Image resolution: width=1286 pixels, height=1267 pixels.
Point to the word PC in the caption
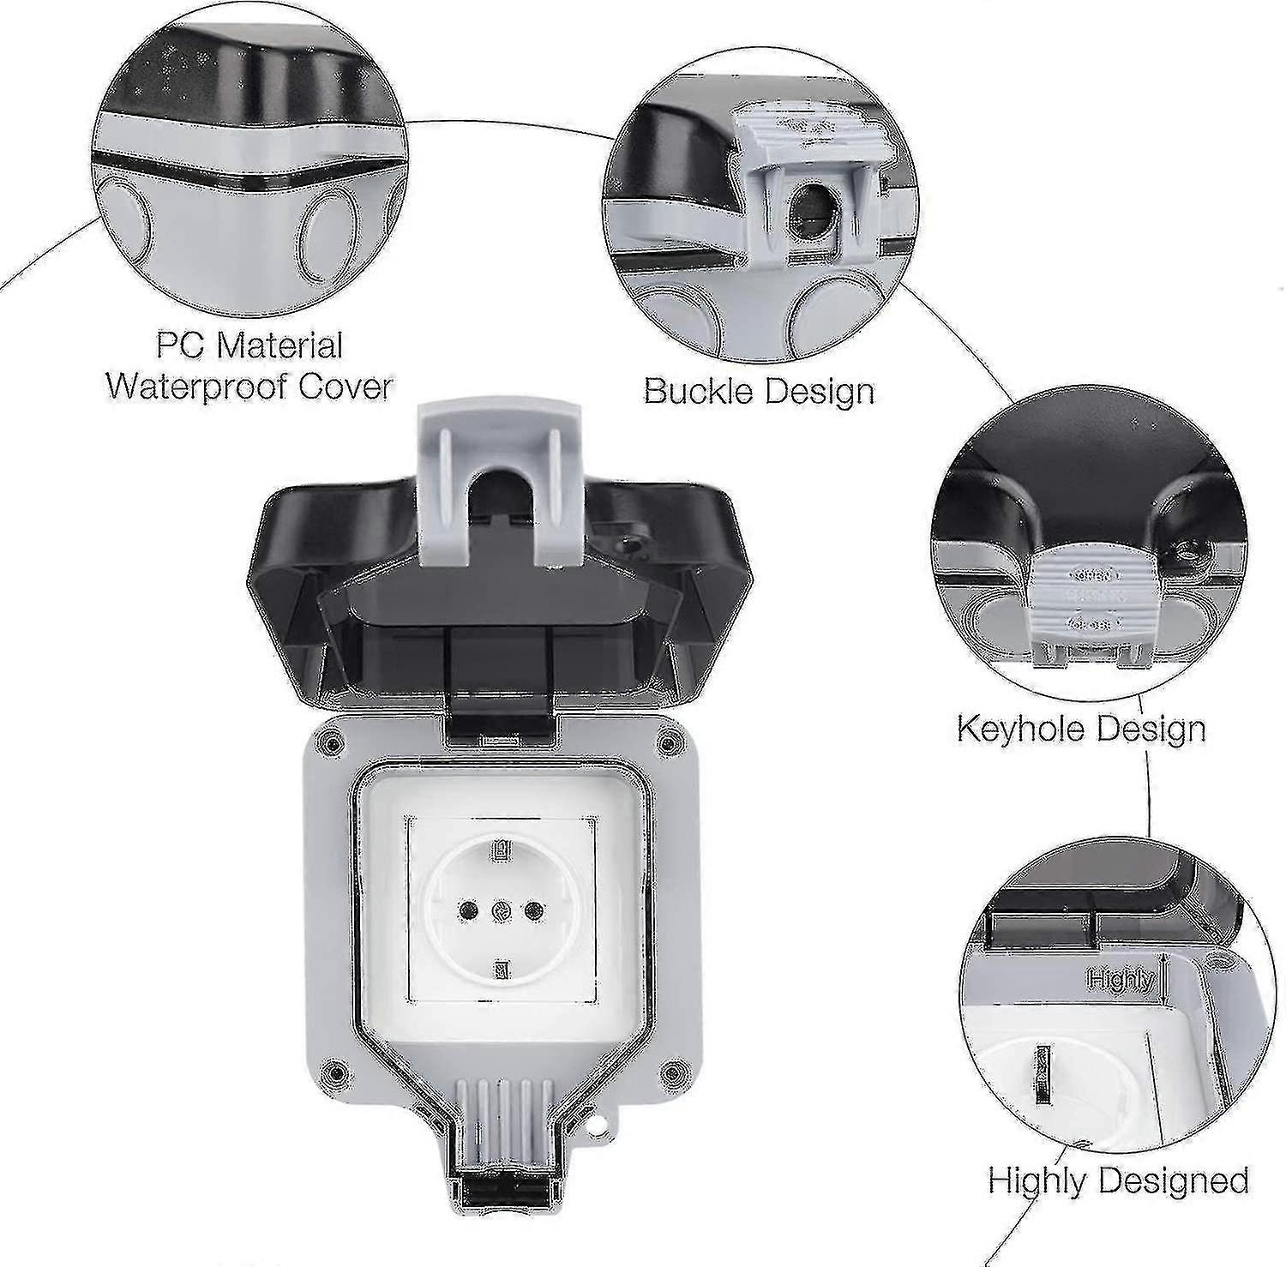pyautogui.click(x=182, y=345)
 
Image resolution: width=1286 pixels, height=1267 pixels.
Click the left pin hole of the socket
pyautogui.click(x=468, y=909)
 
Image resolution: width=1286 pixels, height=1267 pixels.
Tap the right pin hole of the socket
pyautogui.click(x=533, y=909)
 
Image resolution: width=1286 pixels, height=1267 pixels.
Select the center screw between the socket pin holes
pyautogui.click(x=501, y=909)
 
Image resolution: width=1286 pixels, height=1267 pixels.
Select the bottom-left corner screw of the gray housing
pyautogui.click(x=333, y=1071)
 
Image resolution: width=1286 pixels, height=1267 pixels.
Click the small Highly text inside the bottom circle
pyautogui.click(x=1121, y=978)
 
